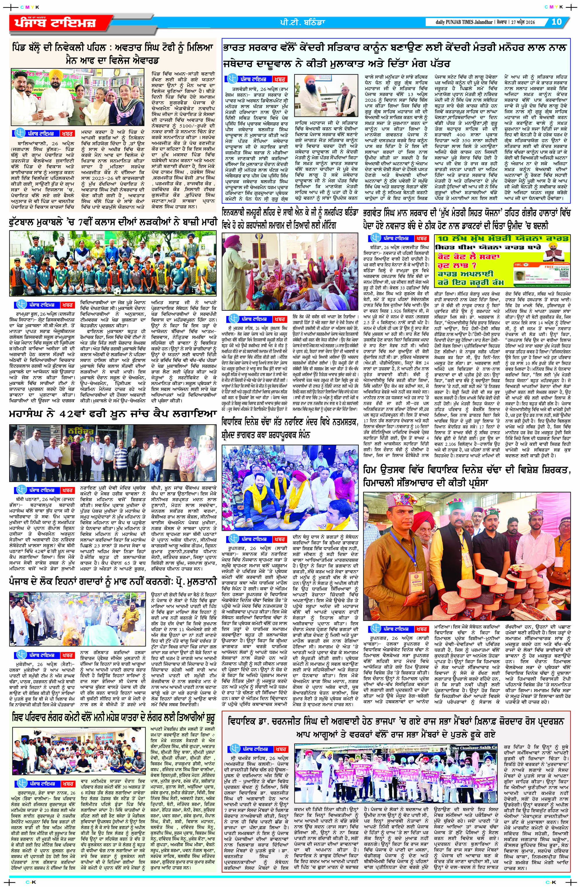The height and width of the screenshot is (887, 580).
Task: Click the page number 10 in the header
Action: (x=556, y=22)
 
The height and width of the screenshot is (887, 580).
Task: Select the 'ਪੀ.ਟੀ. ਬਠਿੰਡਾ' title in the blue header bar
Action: (x=294, y=22)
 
